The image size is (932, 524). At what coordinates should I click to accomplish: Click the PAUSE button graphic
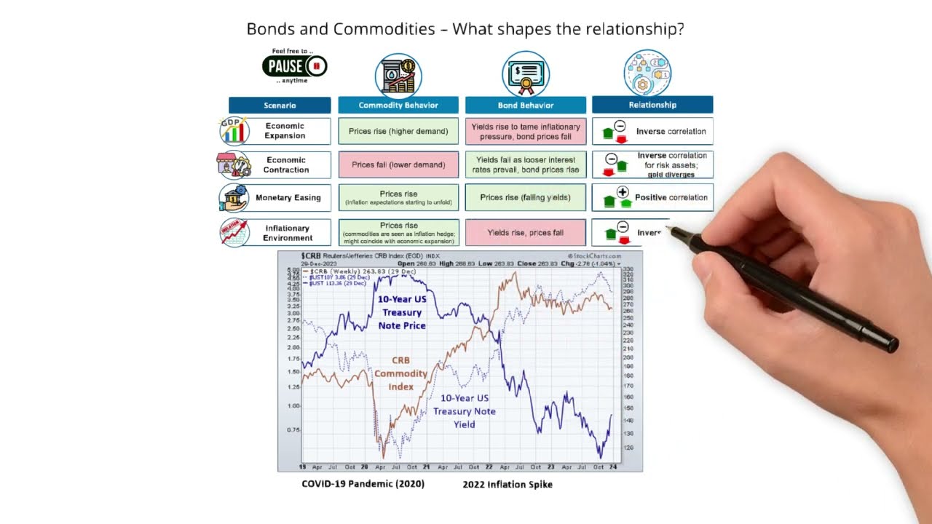pos(294,67)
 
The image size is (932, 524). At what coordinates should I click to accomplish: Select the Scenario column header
pos(280,106)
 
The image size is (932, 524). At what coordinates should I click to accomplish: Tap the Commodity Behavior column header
pos(398,105)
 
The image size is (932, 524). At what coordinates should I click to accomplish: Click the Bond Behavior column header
pos(525,105)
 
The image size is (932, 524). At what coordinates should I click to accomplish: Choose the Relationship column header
pos(652,105)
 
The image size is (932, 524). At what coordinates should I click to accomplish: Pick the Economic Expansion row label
pos(285,131)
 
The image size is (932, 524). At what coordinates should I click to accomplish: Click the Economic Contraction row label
pos(285,164)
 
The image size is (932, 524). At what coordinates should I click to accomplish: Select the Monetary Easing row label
pos(288,197)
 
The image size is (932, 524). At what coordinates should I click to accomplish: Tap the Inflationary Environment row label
pos(287,233)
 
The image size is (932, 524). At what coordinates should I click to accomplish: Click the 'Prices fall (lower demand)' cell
pos(398,164)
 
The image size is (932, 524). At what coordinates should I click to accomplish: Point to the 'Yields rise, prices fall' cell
pos(525,233)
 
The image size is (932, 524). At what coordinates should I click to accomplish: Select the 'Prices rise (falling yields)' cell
pos(525,197)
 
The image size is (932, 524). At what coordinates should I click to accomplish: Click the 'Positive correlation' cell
pos(652,197)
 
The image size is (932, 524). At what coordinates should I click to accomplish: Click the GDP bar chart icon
pos(234,131)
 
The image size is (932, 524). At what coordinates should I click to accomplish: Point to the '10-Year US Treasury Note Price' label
pos(402,312)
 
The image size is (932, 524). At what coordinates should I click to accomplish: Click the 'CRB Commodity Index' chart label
pos(400,373)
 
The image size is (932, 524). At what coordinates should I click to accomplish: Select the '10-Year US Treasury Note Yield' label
pos(465,411)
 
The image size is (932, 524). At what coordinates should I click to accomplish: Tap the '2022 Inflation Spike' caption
pos(508,485)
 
